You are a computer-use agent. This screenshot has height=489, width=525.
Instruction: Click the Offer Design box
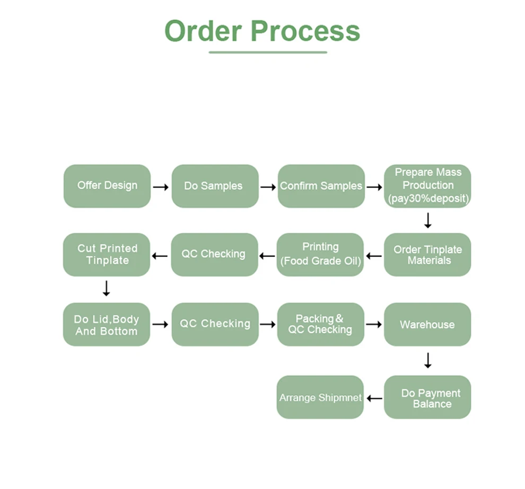tap(107, 186)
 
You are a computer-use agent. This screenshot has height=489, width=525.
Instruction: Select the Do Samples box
tap(215, 186)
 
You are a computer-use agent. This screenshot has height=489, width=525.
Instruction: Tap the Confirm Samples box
tap(321, 186)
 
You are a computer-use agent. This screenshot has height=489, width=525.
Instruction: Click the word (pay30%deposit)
tap(428, 199)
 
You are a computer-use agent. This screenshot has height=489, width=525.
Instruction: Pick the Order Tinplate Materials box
tap(427, 255)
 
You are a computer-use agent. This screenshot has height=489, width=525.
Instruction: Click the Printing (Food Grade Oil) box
tap(320, 255)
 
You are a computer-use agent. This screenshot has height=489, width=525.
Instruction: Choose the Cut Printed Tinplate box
tap(107, 255)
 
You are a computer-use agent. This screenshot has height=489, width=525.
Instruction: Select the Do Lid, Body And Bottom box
tap(107, 325)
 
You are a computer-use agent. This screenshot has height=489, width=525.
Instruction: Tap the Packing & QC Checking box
tap(320, 325)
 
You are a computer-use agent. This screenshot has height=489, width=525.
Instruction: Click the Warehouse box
tap(427, 325)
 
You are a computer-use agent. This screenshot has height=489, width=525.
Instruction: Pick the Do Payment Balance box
tap(427, 397)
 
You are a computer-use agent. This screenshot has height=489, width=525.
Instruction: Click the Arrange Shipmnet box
tap(320, 397)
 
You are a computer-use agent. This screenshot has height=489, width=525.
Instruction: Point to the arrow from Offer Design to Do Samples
tap(161, 187)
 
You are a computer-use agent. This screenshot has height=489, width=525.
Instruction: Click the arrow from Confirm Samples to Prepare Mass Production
tap(374, 187)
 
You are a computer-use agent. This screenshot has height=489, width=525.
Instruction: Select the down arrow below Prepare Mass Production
tap(428, 220)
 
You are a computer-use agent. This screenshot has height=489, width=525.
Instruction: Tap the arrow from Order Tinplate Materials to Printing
tap(374, 256)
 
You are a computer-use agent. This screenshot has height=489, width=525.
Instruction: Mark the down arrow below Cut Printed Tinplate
tap(107, 288)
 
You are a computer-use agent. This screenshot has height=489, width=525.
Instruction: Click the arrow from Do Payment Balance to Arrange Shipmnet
tap(374, 398)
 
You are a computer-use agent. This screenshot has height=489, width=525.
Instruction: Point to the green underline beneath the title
tap(268, 53)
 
